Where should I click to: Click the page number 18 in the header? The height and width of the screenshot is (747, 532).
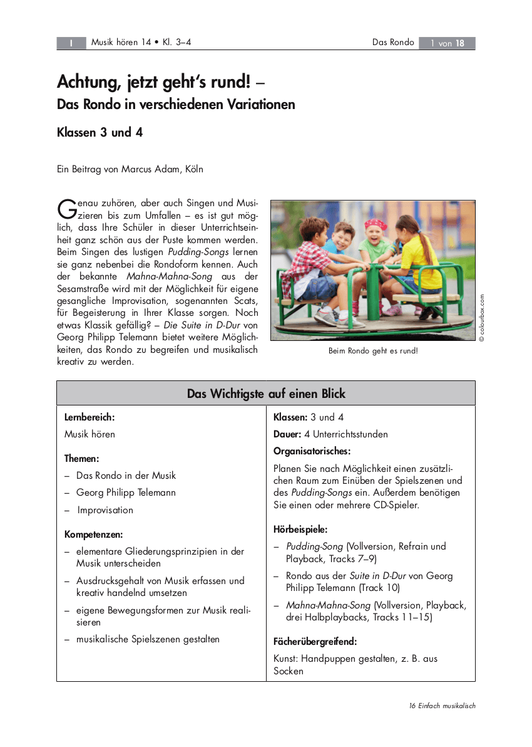(x=460, y=43)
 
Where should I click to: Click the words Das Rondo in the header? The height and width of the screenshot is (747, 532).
(x=393, y=43)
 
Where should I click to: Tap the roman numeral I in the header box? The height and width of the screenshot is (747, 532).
(x=71, y=43)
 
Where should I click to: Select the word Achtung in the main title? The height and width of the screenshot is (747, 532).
(x=84, y=81)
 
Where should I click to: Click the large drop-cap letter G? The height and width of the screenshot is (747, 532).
(x=66, y=209)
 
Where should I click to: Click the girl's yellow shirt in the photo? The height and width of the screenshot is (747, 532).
(x=419, y=260)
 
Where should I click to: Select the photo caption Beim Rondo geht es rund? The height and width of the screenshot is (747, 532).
(x=372, y=351)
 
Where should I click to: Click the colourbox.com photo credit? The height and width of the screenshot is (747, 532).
(x=482, y=318)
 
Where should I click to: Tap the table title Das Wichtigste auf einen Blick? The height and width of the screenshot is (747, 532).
(x=266, y=394)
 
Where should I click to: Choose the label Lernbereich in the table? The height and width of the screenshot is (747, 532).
(x=90, y=417)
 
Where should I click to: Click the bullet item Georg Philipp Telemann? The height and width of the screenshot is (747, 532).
(x=126, y=493)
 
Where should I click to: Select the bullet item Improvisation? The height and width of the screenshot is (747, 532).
(x=105, y=510)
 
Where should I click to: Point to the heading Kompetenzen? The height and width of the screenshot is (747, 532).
(x=94, y=535)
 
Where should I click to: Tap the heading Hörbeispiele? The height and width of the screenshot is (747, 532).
(x=300, y=530)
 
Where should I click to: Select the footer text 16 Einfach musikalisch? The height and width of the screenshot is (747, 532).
(x=442, y=706)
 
